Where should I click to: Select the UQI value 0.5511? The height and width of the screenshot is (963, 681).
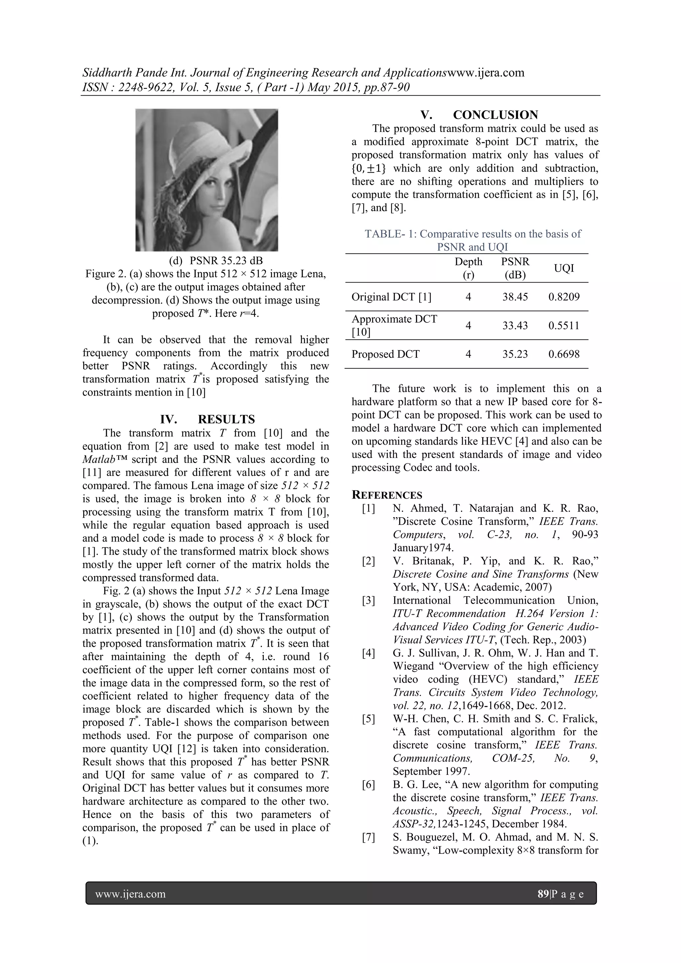click(564, 325)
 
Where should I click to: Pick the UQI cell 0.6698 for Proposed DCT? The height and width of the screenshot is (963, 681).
click(564, 354)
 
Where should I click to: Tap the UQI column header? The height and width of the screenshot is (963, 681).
click(564, 269)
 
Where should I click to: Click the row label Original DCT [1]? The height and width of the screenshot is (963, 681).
click(391, 297)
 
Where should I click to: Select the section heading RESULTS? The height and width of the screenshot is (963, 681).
click(226, 420)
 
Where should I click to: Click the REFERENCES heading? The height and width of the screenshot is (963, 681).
click(387, 495)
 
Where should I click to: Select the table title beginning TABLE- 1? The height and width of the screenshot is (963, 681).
click(473, 240)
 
